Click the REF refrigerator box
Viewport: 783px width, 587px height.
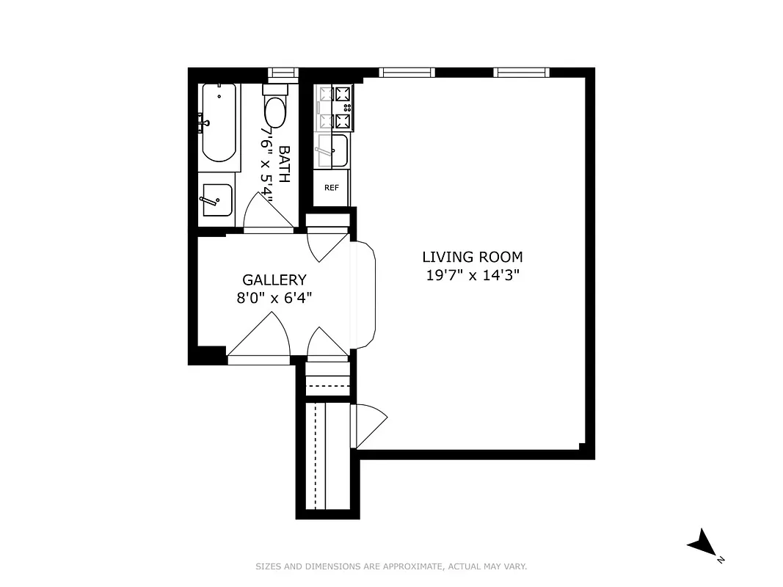pyautogui.click(x=332, y=187)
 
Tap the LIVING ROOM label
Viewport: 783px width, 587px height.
pyautogui.click(x=473, y=257)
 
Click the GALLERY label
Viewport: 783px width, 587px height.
pyautogui.click(x=274, y=280)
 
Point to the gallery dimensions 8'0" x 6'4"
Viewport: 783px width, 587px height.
pyautogui.click(x=274, y=298)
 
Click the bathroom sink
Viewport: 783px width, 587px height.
pyautogui.click(x=217, y=200)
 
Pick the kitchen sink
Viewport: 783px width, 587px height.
pyautogui.click(x=335, y=151)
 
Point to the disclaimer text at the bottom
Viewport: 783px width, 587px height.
pyautogui.click(x=391, y=566)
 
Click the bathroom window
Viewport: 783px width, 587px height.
pyautogui.click(x=282, y=72)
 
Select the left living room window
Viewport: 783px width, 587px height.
pyautogui.click(x=407, y=72)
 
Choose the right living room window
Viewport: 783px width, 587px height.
pyautogui.click(x=521, y=72)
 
